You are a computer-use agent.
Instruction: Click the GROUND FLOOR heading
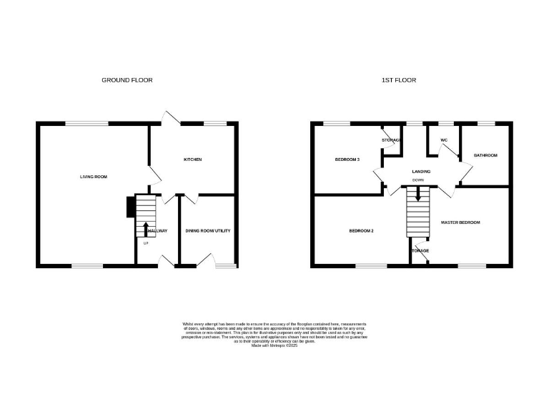127,80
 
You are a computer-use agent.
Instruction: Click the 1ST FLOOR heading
398,80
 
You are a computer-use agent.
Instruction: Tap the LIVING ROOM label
94,176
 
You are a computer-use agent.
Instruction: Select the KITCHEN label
193,159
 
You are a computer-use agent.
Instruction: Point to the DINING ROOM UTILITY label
207,230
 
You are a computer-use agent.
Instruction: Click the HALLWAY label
157,230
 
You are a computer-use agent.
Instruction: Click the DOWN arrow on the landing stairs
418,192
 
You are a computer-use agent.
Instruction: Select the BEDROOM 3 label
347,159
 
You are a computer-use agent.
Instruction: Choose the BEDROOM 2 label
362,230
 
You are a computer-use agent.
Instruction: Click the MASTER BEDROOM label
460,222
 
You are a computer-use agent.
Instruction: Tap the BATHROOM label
485,155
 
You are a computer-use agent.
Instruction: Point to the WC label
443,139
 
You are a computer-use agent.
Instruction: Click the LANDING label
420,172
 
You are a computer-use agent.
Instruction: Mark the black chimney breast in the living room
130,207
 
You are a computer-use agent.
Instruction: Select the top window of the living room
87,123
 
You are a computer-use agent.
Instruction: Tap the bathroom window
486,123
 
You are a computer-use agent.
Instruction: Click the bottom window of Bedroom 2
370,266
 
